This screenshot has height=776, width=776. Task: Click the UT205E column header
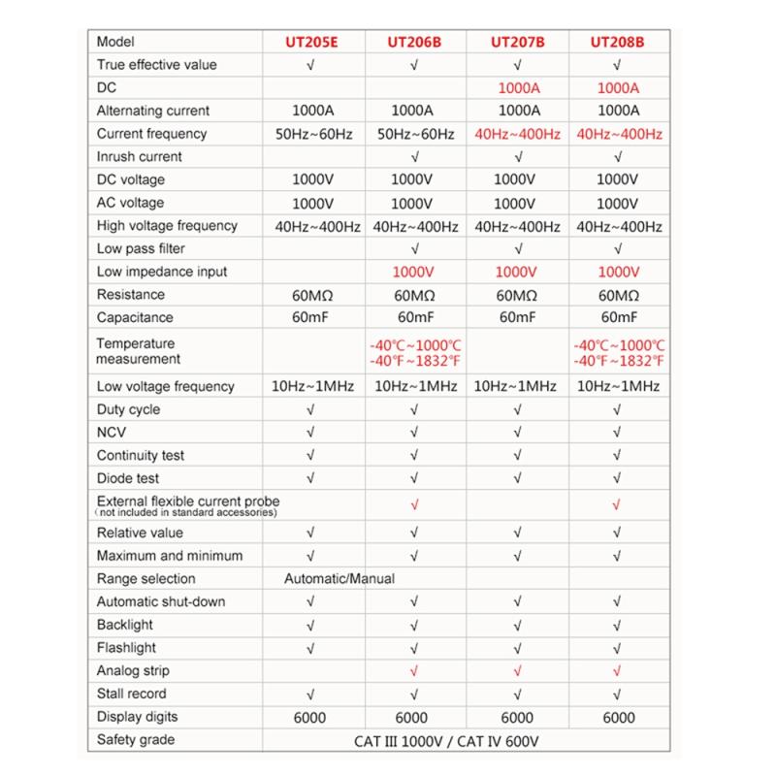point(311,42)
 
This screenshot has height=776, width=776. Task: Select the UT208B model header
point(618,42)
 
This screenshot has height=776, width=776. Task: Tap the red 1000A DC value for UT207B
point(517,87)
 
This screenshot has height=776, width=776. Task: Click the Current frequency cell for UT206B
point(414,134)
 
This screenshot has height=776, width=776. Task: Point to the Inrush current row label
point(140,156)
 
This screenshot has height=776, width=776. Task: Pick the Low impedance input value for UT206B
point(414,272)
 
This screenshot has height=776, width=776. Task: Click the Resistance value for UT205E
point(311,295)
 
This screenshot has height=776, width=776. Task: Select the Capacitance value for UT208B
point(618,318)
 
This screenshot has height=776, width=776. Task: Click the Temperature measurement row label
point(137,351)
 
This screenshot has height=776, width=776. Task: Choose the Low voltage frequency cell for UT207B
point(517,386)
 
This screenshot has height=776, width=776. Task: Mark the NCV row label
point(112,433)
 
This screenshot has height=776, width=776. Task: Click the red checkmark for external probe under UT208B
point(618,504)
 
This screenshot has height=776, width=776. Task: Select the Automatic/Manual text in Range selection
point(339,578)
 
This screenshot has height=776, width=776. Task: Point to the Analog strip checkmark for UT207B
point(517,670)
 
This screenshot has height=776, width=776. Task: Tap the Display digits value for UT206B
point(414,718)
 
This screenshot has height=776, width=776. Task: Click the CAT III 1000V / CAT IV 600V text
point(442,741)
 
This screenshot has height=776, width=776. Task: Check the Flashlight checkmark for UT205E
point(311,648)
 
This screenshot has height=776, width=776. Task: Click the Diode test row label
point(128,478)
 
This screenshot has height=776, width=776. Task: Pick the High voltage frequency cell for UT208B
point(618,226)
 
